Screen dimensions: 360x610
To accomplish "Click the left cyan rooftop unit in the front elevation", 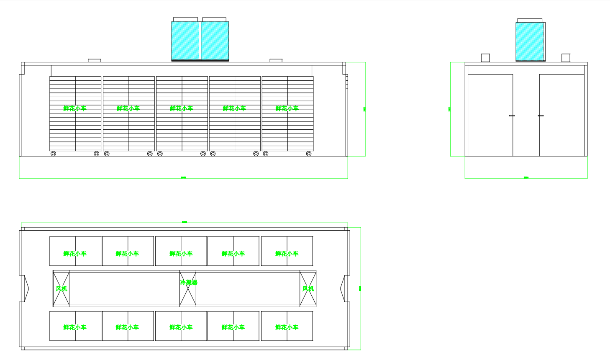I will (185, 41).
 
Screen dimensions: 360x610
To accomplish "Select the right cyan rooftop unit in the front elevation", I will (215, 41).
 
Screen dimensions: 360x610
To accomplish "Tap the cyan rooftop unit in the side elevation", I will (530, 41).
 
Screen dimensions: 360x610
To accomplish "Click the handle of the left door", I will (512, 116).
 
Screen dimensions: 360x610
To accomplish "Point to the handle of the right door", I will (541, 116).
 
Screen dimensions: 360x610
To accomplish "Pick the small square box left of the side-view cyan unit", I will (485, 58).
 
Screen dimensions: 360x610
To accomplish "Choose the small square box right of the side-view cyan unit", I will (566, 58).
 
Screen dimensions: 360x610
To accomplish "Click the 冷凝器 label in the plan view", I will (189, 283).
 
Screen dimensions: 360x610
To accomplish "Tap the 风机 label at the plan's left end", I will (61, 289).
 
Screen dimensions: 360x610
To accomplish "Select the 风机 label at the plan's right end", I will (308, 289).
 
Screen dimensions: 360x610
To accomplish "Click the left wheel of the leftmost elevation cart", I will (53, 154).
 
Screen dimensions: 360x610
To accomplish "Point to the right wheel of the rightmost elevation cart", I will (309, 154).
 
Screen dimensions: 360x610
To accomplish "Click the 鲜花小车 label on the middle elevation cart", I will (182, 108).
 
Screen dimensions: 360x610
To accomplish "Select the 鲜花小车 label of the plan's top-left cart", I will (75, 254).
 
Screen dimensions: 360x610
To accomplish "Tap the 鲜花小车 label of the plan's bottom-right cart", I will (287, 327).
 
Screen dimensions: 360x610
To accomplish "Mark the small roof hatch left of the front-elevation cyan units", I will (94, 61).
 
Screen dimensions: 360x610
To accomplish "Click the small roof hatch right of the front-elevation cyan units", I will (276, 61).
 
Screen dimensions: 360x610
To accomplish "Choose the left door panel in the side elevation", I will (490, 115).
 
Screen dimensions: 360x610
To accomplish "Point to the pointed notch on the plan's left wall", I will (26, 288).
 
